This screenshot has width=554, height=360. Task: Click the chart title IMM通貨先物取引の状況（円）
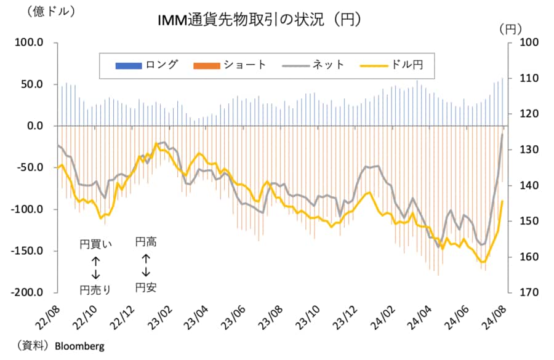pyautogui.click(x=259, y=20)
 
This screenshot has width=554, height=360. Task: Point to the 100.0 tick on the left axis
pyautogui.click(x=29, y=42)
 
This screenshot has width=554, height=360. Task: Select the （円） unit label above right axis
pyautogui.click(x=510, y=28)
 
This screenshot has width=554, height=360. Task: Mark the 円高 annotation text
pyautogui.click(x=146, y=242)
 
